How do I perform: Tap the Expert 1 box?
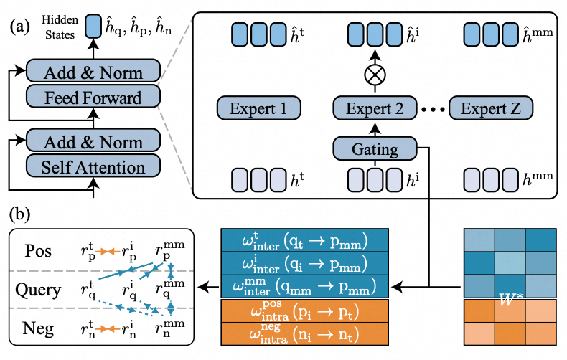(x=258, y=109)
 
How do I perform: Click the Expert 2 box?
(x=375, y=109)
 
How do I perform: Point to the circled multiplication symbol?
(x=375, y=75)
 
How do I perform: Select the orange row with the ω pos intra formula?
(x=305, y=313)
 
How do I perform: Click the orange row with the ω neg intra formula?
(x=305, y=336)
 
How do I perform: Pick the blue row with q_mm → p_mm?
(x=305, y=287)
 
